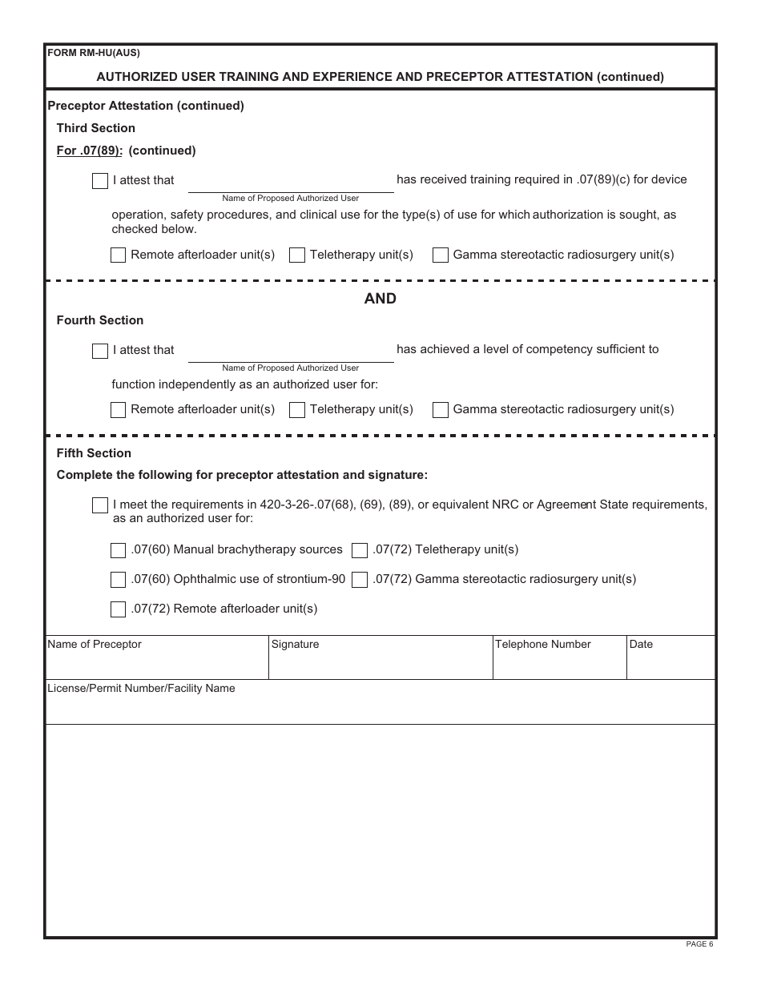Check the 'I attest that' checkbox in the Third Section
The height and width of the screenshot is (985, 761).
pyautogui.click(x=100, y=181)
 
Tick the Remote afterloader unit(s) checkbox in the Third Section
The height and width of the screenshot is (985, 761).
pyautogui.click(x=118, y=255)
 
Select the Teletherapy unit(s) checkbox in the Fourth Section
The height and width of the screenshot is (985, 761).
pyautogui.click(x=297, y=410)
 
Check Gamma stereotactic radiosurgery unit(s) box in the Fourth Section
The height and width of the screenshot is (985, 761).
pyautogui.click(x=441, y=410)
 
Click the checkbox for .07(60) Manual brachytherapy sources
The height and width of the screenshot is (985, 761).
pyautogui.click(x=118, y=550)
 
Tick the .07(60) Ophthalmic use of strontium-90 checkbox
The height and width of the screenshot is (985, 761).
pyautogui.click(x=118, y=580)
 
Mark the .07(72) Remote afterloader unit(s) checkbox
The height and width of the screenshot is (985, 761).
pyautogui.click(x=118, y=609)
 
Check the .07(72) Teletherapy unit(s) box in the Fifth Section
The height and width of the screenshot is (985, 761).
pyautogui.click(x=360, y=550)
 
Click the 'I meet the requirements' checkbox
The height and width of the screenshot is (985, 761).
pyautogui.click(x=100, y=505)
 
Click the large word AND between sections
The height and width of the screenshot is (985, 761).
pyautogui.click(x=380, y=299)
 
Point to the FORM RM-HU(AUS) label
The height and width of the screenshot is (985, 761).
pyautogui.click(x=94, y=54)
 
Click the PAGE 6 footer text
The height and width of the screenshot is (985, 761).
pyautogui.click(x=699, y=944)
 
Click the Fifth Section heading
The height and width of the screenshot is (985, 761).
pyautogui.click(x=94, y=453)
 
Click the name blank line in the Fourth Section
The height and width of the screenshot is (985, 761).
pyautogui.click(x=291, y=353)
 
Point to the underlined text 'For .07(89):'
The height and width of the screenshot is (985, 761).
pyautogui.click(x=89, y=151)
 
